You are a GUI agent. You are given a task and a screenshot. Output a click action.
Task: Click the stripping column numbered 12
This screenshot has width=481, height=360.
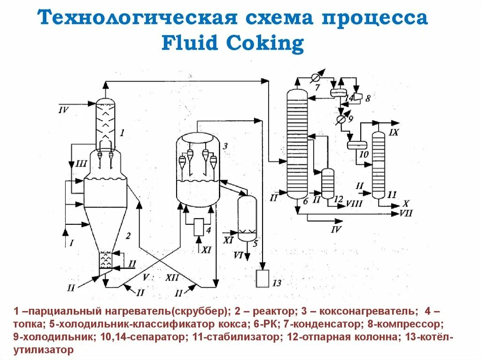point(327,184)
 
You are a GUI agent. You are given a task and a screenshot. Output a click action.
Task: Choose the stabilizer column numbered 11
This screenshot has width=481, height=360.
point(379,164)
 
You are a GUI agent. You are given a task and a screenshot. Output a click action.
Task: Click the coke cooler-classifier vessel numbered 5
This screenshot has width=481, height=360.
point(248,218)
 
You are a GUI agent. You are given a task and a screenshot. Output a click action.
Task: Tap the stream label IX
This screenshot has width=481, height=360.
point(394,133)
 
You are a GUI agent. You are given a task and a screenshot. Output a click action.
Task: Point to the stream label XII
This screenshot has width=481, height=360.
point(172,277)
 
